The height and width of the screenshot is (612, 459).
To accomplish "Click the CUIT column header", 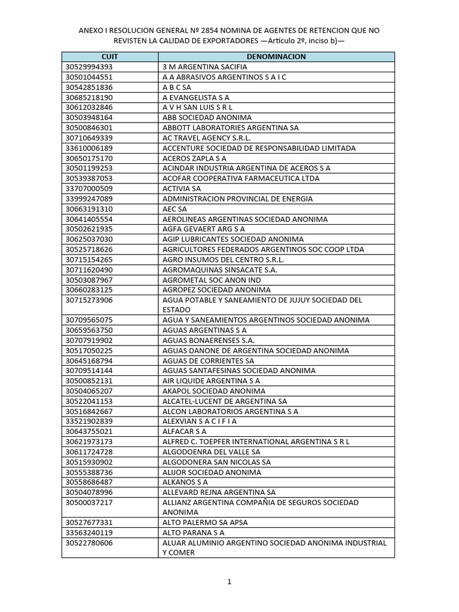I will (110, 56).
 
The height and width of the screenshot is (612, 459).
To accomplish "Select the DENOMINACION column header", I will (276, 56).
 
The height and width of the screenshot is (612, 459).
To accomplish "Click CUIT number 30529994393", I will (89, 66).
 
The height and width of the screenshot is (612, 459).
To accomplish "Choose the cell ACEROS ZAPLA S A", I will (194, 158).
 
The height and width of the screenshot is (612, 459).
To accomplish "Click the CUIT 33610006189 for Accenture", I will (89, 148).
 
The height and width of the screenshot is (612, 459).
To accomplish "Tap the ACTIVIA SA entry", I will (182, 188).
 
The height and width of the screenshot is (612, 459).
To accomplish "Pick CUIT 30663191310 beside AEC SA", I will (89, 209).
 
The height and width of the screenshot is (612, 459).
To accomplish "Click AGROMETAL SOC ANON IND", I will (212, 280).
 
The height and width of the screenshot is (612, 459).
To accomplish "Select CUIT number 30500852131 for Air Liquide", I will (89, 381).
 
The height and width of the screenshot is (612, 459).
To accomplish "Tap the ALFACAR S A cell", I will (184, 431).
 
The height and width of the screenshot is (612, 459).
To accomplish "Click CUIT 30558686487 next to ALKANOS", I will (89, 482).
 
